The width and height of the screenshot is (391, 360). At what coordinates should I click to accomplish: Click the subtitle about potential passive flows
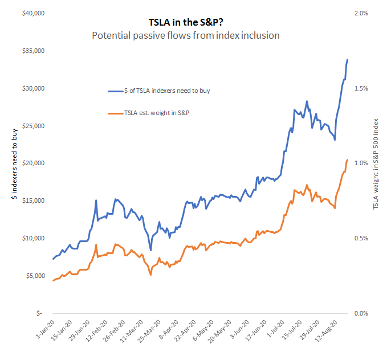(186, 35)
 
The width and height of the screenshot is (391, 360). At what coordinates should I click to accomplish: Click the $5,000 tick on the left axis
(33, 276)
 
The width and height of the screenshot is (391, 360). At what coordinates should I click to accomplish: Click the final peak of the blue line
(348, 60)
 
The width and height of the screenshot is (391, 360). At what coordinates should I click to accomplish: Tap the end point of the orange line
(348, 160)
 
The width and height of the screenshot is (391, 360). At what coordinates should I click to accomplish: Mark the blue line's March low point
(150, 250)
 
